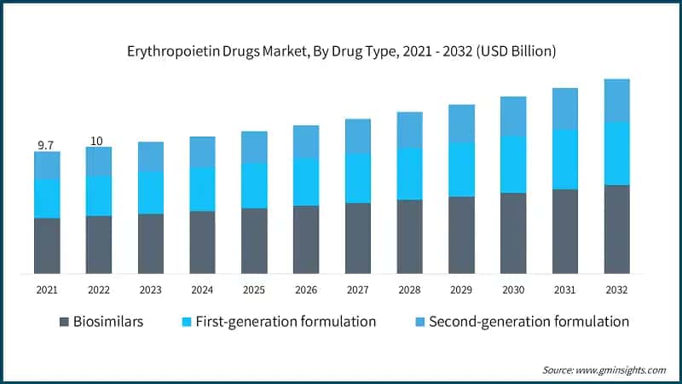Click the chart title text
click(341, 52)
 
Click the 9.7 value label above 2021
click(46, 145)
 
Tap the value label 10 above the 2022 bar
click(98, 141)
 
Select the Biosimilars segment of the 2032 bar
click(616, 229)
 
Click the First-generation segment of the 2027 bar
click(357, 177)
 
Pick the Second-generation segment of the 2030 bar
click(512, 116)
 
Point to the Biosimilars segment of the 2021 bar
click(47, 246)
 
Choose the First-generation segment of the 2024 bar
click(202, 189)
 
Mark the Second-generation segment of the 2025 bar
click(254, 147)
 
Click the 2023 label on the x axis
click(150, 290)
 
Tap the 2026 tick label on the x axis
click(305, 290)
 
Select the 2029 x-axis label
click(460, 290)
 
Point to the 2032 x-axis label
click(616, 290)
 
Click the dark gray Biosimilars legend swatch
click(65, 322)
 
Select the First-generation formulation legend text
click(286, 322)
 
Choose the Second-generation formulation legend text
click(529, 322)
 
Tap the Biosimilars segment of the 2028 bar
click(409, 236)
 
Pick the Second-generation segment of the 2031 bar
click(564, 108)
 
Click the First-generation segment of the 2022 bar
click(98, 195)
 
